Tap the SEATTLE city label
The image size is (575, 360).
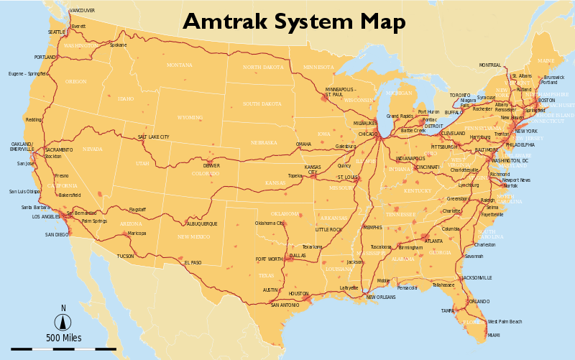tap(56, 32)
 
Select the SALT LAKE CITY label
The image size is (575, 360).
tap(154, 137)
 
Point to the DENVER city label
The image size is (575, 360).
tap(211, 166)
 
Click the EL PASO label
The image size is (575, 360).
tap(193, 263)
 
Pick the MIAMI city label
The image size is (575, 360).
tap(494, 335)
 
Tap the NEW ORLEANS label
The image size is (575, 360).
tap(381, 297)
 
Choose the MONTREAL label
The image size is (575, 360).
tap(489, 65)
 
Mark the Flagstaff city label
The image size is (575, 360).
tap(137, 210)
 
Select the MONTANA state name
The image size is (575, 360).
tap(179, 65)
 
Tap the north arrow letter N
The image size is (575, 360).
tap(63, 308)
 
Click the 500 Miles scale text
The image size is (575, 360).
tap(64, 338)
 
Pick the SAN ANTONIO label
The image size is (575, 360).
tap(285, 305)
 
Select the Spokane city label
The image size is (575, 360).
tap(118, 45)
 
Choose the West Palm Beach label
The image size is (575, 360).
tap(505, 321)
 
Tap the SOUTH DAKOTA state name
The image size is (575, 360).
tap(262, 104)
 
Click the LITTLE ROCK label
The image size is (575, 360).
tap(328, 229)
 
